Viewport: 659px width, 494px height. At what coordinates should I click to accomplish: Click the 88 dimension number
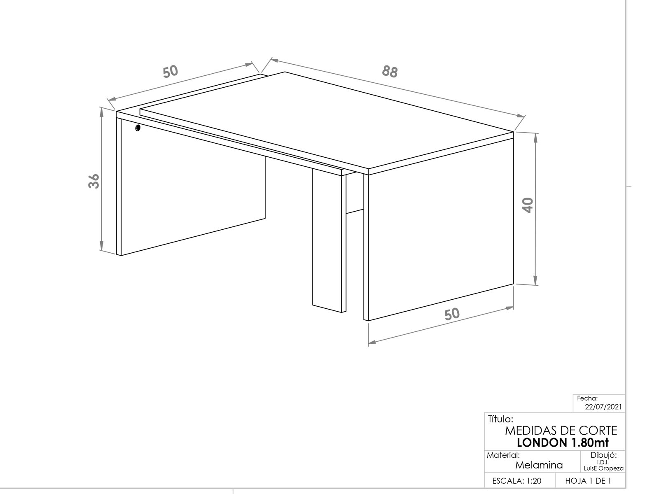click(390, 72)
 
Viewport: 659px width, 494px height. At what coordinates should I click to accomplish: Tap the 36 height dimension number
click(94, 181)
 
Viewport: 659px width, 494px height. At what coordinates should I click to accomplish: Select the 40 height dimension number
click(528, 205)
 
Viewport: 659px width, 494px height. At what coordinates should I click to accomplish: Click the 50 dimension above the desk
click(171, 71)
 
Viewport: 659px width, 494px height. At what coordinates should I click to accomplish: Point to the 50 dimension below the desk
click(452, 314)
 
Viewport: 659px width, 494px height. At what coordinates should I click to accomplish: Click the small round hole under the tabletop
click(138, 128)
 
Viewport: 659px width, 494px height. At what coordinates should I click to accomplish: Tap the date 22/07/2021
click(603, 407)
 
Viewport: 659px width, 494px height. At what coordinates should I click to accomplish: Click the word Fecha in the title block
click(587, 398)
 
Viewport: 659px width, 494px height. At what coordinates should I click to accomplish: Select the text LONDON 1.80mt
click(563, 443)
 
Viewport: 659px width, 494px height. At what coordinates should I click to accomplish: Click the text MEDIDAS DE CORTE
click(561, 431)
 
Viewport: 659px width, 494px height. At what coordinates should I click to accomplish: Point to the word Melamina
click(539, 465)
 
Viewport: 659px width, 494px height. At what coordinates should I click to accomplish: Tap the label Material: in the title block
click(503, 455)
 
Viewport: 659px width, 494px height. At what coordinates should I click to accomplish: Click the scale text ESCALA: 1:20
click(516, 481)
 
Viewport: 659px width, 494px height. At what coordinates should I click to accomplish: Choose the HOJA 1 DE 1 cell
click(588, 481)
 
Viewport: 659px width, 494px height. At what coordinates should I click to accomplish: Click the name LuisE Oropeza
click(603, 468)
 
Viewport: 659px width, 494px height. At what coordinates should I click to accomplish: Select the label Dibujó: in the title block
click(604, 455)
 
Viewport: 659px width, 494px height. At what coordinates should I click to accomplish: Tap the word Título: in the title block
click(501, 419)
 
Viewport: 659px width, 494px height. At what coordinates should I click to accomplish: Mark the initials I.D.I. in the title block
click(603, 462)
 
